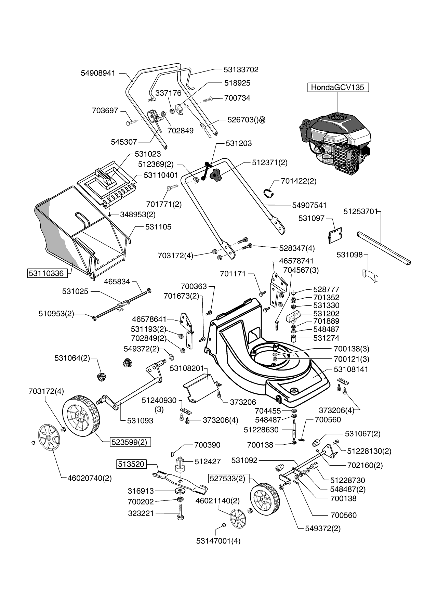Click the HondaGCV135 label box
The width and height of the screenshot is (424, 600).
pos(338,87)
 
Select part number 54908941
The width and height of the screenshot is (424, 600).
pos(98,73)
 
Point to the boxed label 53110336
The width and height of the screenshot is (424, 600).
pos(46,273)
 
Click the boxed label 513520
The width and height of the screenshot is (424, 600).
pos(131,464)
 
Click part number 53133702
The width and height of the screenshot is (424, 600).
pos(241,69)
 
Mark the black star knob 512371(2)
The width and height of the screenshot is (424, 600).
pos(215,175)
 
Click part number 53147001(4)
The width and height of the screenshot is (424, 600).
pos(218,541)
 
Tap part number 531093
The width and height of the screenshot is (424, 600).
pos(140,420)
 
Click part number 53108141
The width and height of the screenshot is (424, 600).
pos(351,369)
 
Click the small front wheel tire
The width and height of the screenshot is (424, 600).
pos(265,498)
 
